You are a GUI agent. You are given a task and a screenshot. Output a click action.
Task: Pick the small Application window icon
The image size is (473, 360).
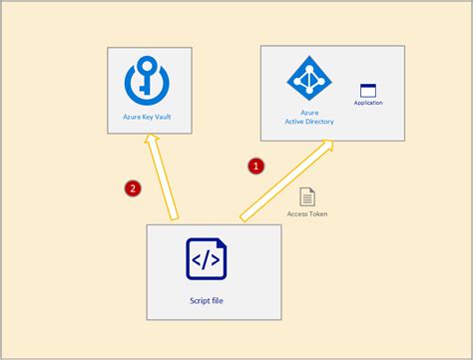click(368, 90)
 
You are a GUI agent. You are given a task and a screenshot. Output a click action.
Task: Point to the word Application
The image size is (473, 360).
click(368, 103)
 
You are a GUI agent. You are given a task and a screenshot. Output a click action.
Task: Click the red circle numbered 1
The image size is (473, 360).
click(255, 166)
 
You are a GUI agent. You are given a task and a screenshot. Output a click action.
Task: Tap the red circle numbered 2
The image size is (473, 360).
click(130, 186)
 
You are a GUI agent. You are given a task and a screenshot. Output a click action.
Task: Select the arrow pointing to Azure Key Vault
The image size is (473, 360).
click(163, 180)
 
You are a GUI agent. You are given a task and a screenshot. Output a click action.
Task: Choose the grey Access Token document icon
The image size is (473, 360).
click(307, 196)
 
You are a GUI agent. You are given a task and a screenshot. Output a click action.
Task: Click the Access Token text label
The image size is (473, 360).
click(307, 213)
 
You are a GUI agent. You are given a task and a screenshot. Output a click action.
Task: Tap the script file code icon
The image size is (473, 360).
click(206, 259)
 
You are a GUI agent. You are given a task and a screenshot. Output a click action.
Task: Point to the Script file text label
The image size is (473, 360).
click(207, 299)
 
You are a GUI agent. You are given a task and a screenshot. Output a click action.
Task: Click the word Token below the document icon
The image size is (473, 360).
click(318, 213)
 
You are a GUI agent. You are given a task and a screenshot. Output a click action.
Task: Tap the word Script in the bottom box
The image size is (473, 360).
click(199, 299)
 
